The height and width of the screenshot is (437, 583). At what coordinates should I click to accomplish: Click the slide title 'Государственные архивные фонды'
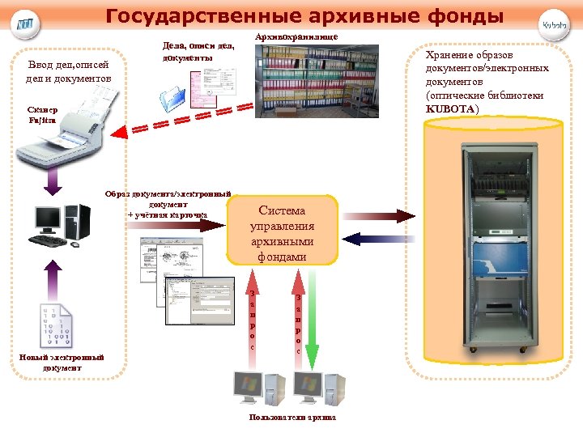pyautogui.click(x=304, y=16)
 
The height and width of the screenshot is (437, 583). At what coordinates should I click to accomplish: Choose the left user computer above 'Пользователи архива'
pyautogui.click(x=257, y=389)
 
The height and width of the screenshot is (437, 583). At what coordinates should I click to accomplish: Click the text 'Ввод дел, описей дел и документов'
pyautogui.click(x=68, y=70)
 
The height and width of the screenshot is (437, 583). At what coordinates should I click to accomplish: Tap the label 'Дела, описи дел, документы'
pyautogui.click(x=198, y=52)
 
